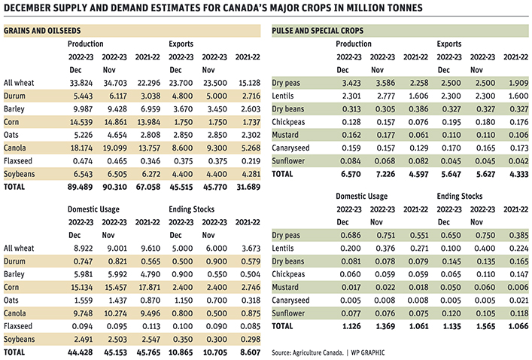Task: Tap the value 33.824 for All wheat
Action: (80, 83)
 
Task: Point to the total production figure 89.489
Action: (80, 188)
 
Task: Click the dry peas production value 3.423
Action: (349, 83)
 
